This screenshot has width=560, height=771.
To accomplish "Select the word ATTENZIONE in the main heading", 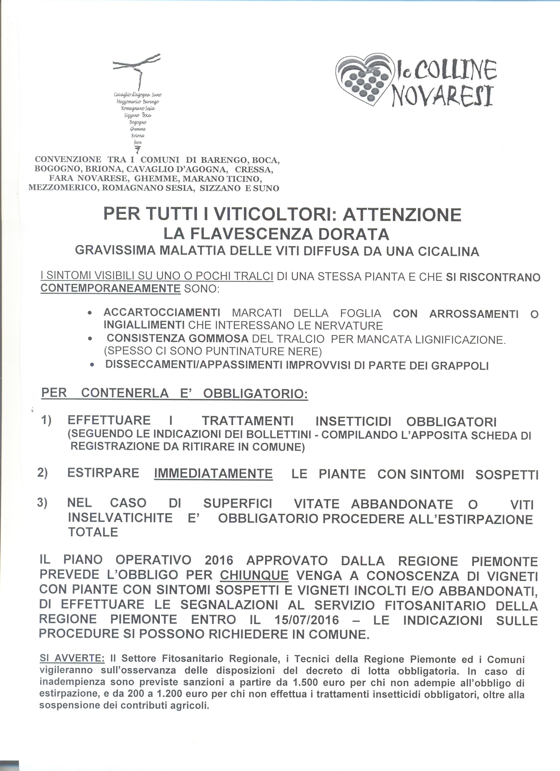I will [402, 215].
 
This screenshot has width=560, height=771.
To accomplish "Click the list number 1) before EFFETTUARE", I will [46, 420].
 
